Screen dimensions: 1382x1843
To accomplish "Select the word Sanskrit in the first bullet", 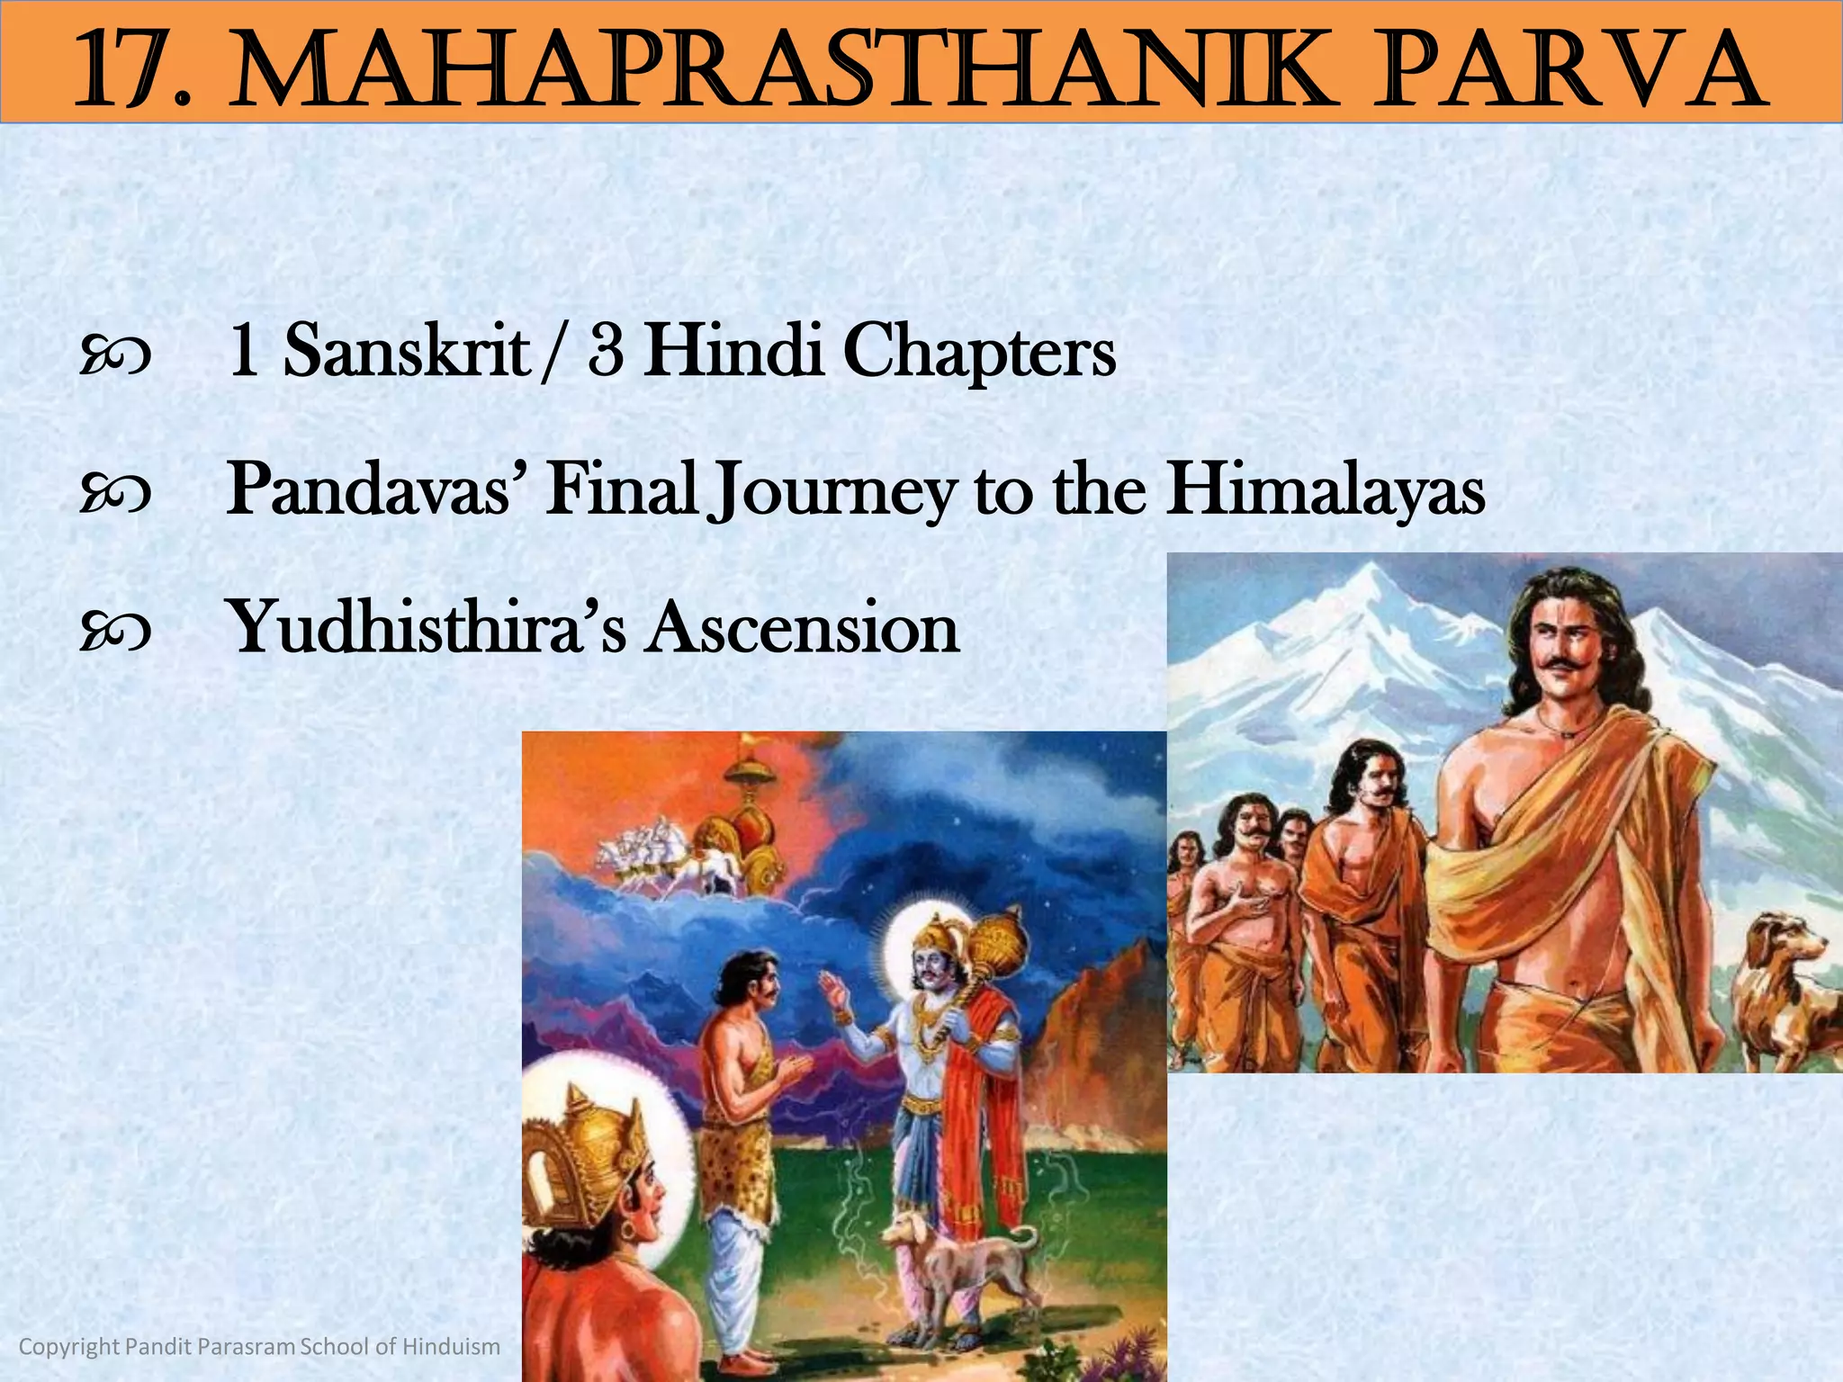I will [x=406, y=351].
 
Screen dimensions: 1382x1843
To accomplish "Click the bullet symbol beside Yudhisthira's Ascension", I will [x=115, y=631].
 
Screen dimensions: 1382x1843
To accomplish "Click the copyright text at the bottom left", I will [x=259, y=1346].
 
